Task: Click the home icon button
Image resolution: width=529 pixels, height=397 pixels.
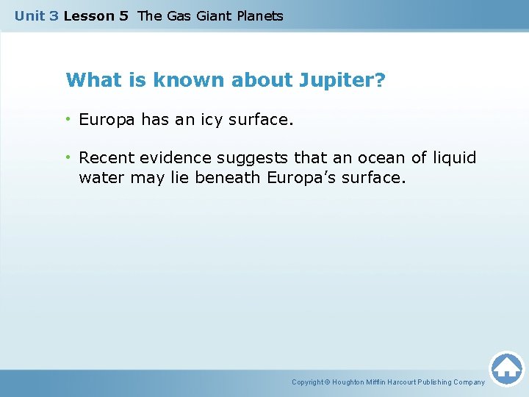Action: point(506,368)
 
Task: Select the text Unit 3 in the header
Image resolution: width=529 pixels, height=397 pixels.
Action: point(36,15)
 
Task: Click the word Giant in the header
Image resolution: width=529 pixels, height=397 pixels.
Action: point(213,15)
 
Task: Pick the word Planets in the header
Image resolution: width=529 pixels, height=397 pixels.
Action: point(259,15)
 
